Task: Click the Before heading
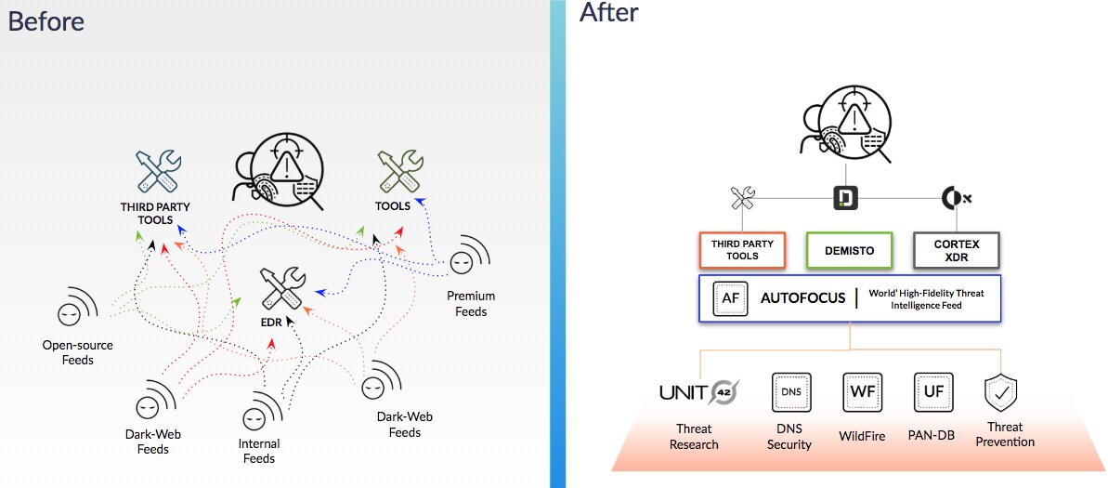(46, 20)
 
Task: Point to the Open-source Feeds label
(78, 352)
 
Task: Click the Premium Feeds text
(471, 304)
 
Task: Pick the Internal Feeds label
(259, 451)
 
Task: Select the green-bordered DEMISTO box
(845, 250)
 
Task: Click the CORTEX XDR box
(957, 250)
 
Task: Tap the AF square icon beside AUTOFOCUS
(730, 298)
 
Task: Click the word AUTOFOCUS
(803, 298)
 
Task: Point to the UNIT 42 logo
(697, 394)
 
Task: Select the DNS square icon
(790, 392)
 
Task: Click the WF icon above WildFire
(860, 392)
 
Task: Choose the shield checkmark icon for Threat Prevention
(1002, 392)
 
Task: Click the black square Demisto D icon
(845, 197)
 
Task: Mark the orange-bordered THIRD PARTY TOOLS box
(742, 250)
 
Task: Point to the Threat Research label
(694, 437)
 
